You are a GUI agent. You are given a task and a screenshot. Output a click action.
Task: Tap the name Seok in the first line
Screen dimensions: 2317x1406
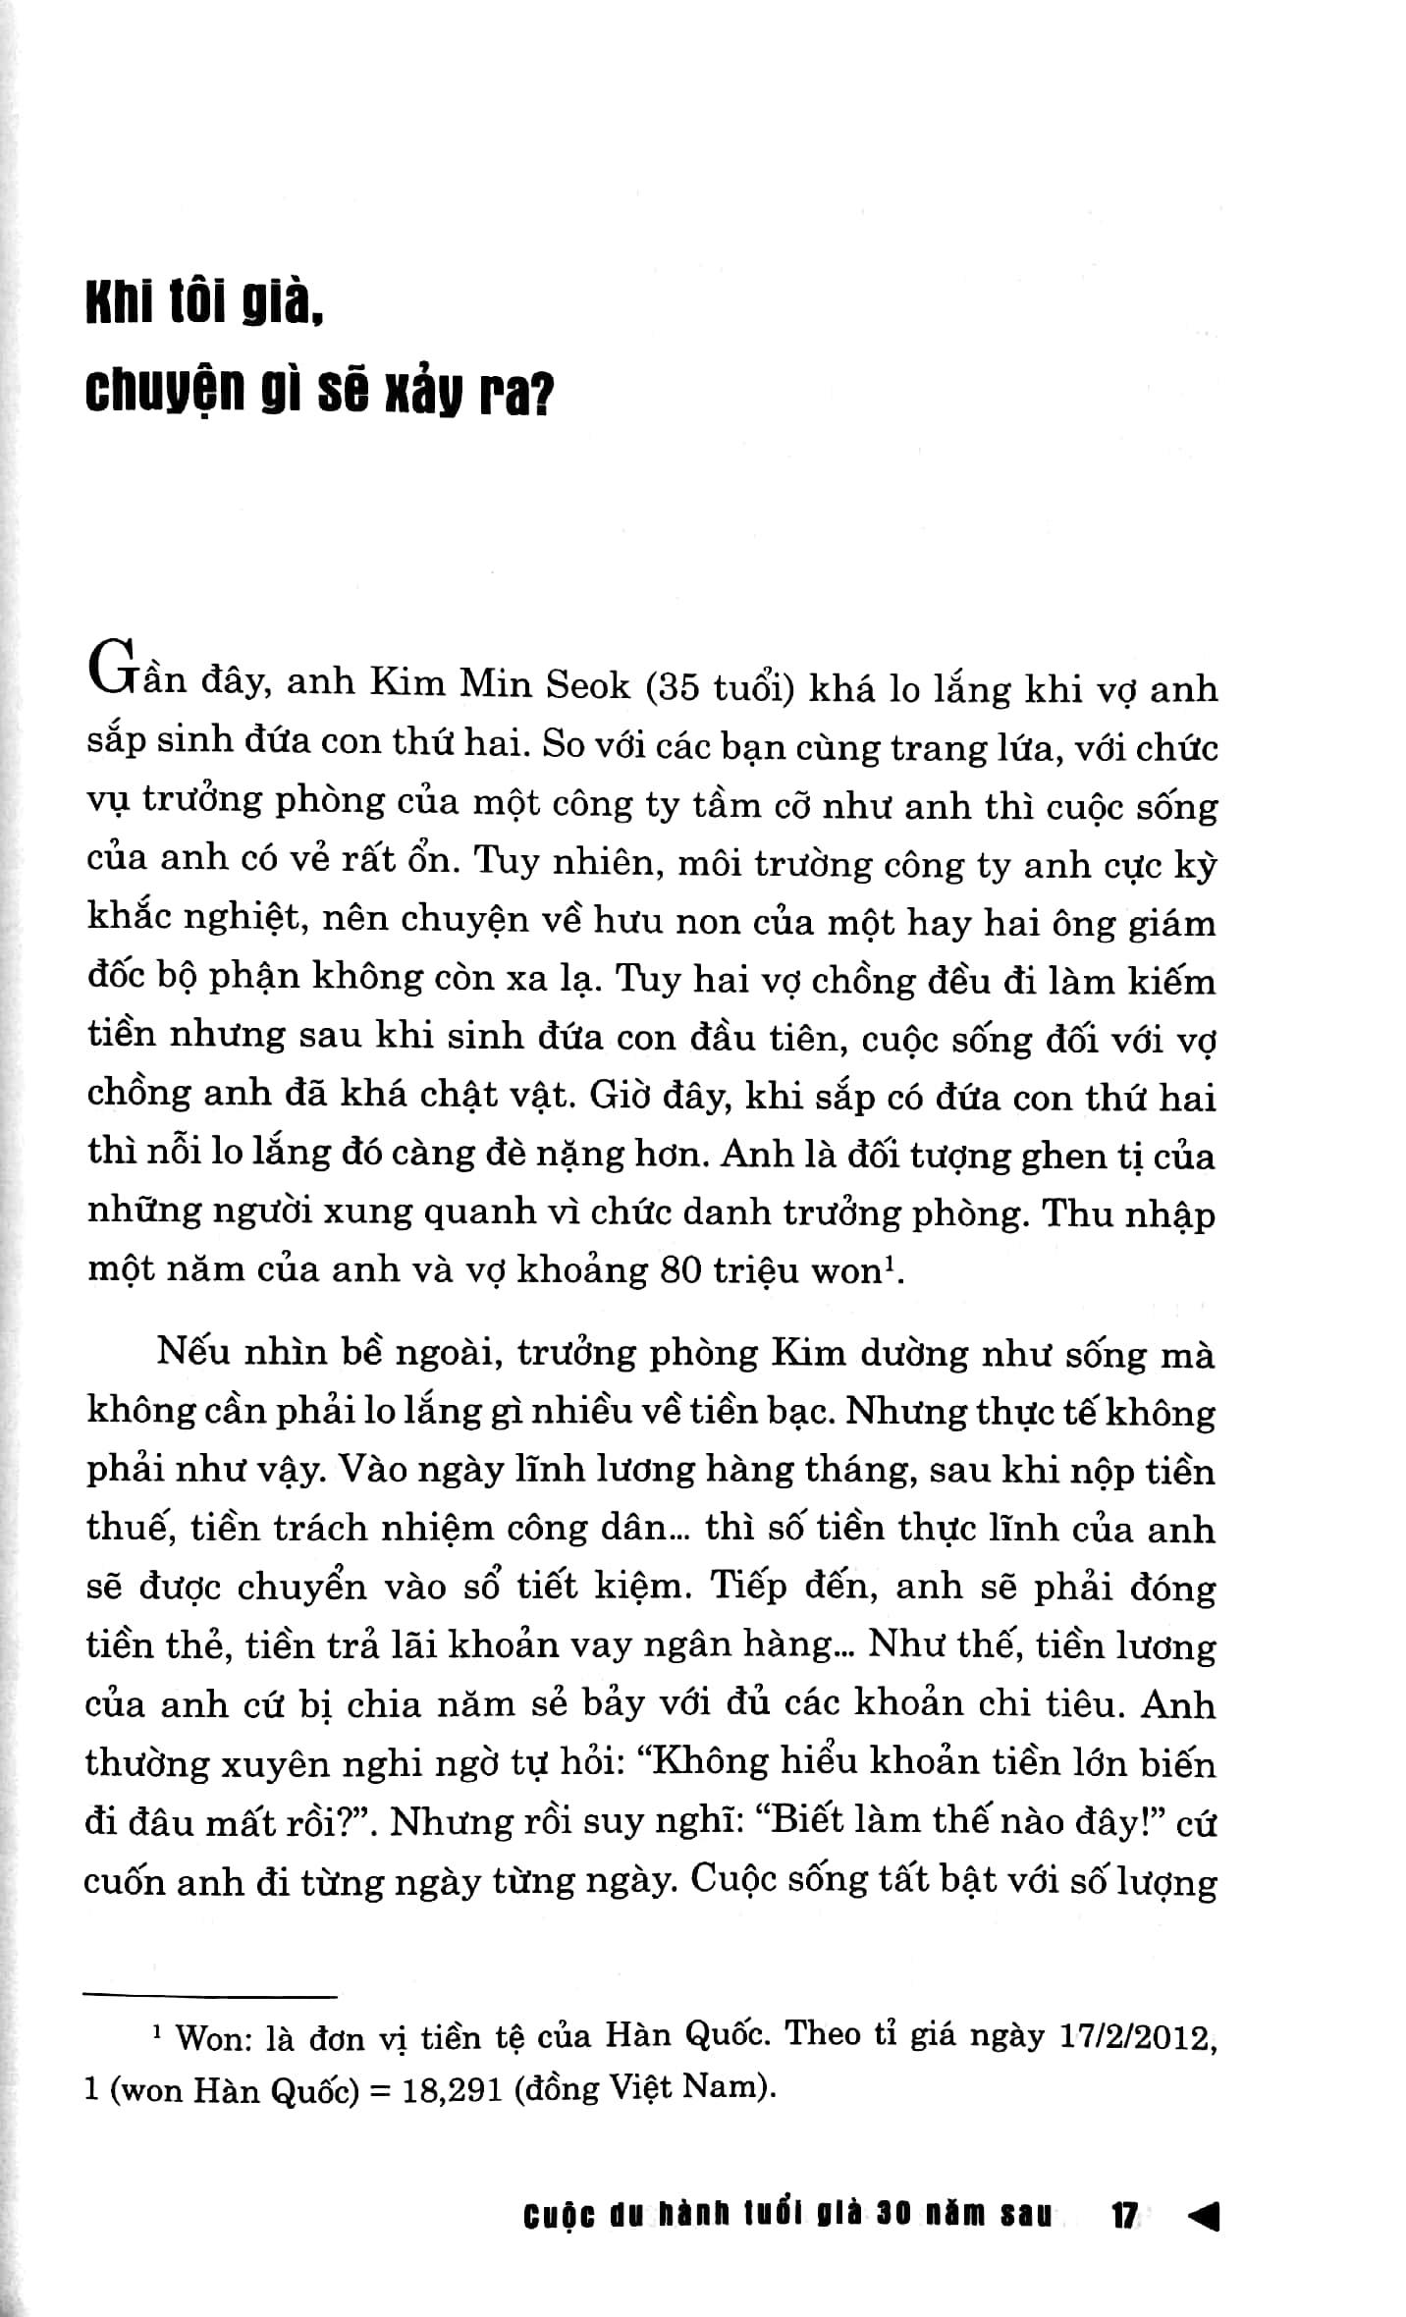click(x=587, y=684)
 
